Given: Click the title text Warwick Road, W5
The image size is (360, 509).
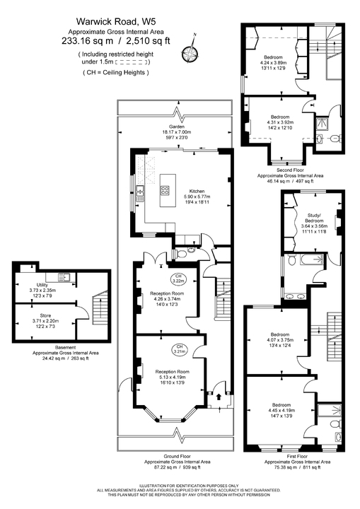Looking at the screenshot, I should point(107,23).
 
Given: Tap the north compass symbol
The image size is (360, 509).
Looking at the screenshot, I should point(189,50).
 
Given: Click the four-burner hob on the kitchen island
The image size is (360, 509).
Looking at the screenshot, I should point(164,189).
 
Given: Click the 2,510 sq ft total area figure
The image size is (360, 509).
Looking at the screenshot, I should point(131,41).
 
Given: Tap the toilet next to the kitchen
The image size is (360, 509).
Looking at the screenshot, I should point(183,252).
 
